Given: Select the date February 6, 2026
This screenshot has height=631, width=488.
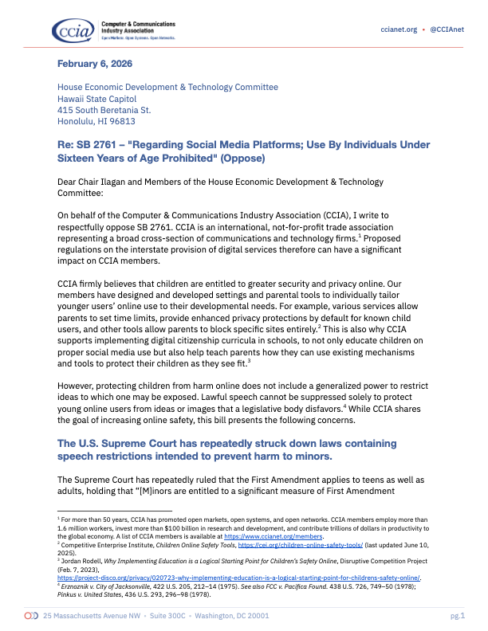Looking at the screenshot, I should pos(95,63).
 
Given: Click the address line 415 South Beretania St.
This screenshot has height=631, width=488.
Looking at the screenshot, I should pos(104,110).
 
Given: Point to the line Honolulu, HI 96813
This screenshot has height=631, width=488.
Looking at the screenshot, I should pos(96,122).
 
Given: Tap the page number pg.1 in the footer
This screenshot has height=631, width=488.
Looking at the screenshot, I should pos(456,616).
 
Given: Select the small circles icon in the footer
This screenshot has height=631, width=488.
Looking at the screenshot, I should pos(32,616).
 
